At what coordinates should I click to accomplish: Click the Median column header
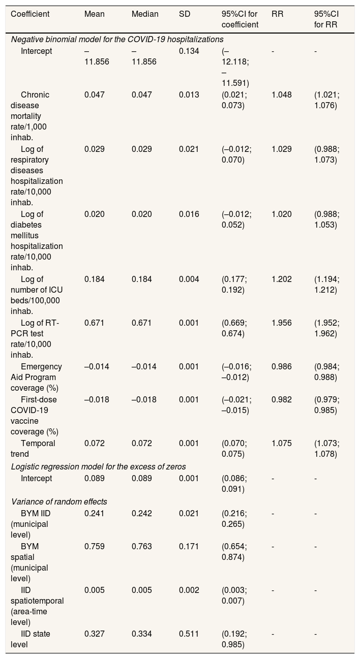click(144, 14)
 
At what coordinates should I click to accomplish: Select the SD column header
click(184, 14)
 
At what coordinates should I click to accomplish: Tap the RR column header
click(277, 14)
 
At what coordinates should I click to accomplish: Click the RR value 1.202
click(282, 279)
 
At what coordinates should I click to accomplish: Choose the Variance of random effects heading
click(59, 501)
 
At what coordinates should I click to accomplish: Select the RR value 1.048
click(282, 95)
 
